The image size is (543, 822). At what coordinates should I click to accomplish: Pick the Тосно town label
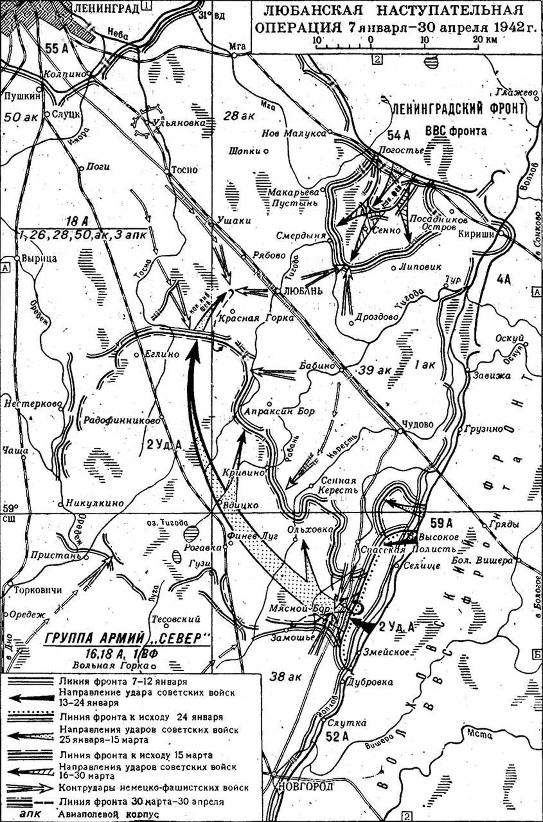[x=185, y=170]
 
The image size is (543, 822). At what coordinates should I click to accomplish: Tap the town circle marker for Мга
[x=235, y=55]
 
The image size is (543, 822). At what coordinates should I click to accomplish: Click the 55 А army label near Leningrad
[x=57, y=49]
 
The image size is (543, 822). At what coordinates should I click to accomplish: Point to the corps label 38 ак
[x=285, y=677]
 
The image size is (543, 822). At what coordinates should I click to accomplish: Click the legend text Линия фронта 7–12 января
[x=123, y=681]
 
